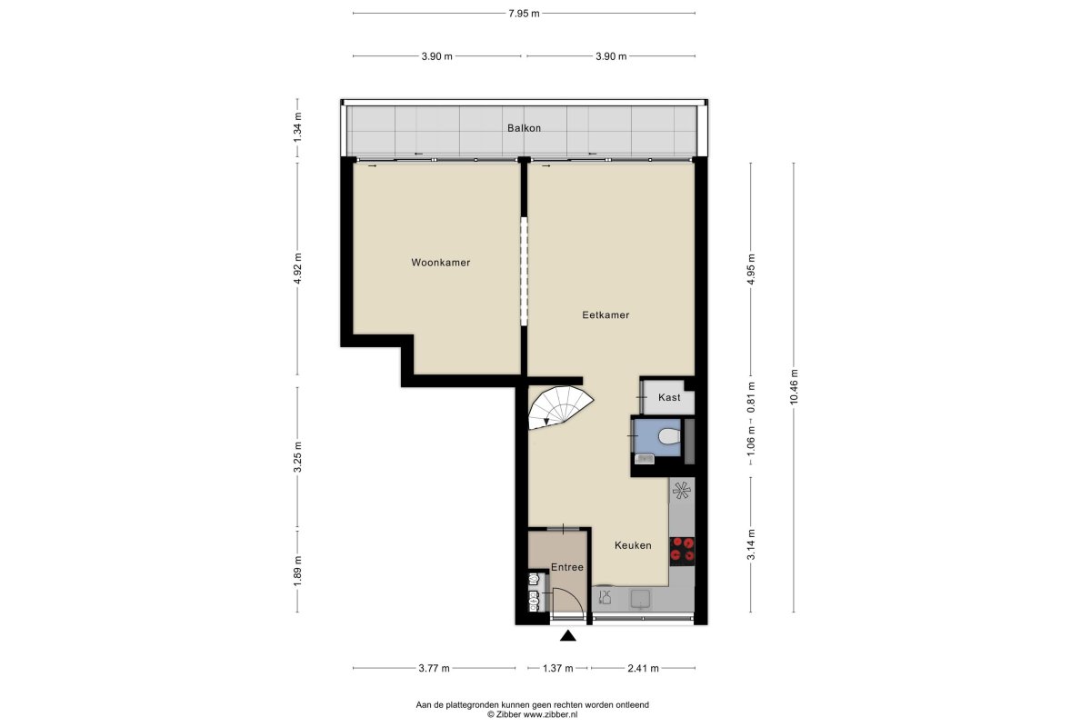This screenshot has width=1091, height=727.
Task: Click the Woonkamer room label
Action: (440, 263)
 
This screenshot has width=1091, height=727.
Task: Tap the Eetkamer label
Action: (606, 315)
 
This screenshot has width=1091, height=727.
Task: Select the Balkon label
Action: (524, 128)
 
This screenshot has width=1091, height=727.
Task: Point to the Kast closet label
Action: (669, 397)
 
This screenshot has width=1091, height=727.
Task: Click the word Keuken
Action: (633, 545)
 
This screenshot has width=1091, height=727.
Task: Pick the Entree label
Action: (567, 567)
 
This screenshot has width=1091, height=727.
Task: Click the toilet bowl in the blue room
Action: (669, 436)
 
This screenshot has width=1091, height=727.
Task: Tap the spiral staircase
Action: (560, 407)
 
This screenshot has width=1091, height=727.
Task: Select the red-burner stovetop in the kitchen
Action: (682, 551)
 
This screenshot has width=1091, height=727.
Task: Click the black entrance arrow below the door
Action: (568, 635)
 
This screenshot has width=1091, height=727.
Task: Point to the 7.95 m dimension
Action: (524, 14)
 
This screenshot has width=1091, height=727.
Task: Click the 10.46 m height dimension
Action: (794, 386)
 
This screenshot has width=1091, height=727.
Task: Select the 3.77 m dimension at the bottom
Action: (434, 669)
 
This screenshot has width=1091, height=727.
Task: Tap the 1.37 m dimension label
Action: (557, 669)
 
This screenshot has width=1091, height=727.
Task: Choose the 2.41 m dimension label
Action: (643, 669)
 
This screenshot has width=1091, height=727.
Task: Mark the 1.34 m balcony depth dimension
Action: (297, 127)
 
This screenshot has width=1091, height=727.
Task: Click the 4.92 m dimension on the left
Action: (297, 268)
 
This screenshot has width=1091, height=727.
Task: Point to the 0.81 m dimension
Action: (751, 397)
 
